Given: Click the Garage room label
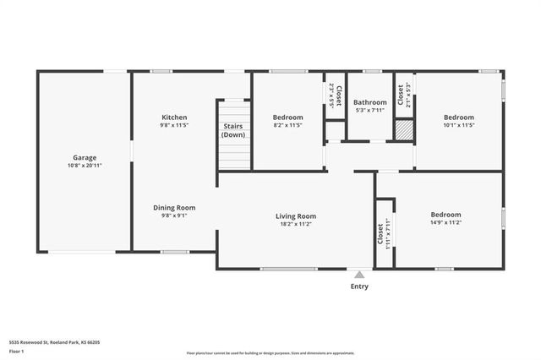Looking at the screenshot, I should tap(84, 157).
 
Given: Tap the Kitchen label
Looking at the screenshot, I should tap(174, 117).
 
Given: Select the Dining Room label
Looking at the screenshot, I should tap(174, 207).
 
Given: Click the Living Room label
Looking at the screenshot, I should tap(296, 216).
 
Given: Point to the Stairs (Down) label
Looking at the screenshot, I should tap(233, 130).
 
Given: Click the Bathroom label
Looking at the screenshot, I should tap(370, 102).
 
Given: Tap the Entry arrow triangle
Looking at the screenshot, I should tap(359, 274).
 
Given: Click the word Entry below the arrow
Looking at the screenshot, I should tap(359, 286).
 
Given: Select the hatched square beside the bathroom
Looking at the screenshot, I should tap(404, 130).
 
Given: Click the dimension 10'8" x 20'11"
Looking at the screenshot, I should tap(84, 166).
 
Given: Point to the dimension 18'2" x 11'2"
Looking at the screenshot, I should tap(296, 225).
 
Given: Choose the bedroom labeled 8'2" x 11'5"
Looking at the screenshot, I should tap(287, 117).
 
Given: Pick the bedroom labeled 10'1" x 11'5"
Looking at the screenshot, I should tap(459, 117).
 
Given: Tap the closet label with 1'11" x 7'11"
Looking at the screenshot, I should tap(383, 233).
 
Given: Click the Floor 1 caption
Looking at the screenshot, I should tap(17, 351).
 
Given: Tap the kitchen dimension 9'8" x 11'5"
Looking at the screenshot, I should tap(174, 125).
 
